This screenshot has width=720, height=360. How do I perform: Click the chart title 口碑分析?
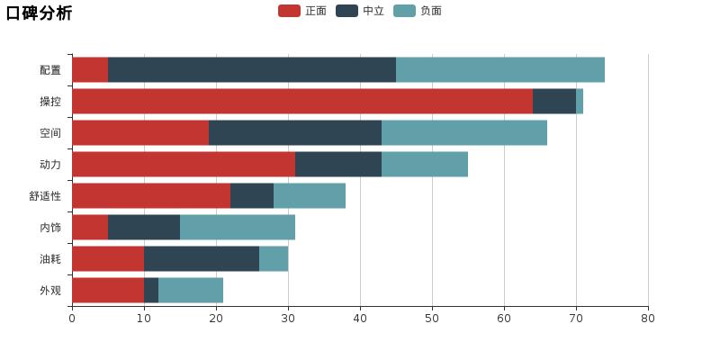[x=39, y=13]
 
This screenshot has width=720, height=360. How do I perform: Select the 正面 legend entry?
[x=302, y=11]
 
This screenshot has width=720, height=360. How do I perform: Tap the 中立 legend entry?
[x=360, y=11]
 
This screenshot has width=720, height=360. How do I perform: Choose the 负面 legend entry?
[x=418, y=11]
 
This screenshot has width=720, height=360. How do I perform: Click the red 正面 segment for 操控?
[x=301, y=101]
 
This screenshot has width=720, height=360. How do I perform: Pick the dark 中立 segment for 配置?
[x=252, y=69]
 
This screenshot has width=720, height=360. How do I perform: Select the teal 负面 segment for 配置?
[x=500, y=69]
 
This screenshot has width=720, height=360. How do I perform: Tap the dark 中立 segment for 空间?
[x=295, y=132]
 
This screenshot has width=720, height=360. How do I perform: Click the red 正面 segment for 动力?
[x=184, y=164]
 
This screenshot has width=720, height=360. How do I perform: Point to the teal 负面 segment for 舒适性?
[x=310, y=195]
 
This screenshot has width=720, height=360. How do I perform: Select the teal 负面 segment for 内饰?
[x=238, y=227]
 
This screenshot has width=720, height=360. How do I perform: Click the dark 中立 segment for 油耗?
[x=202, y=258]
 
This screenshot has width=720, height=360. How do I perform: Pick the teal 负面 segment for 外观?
[x=191, y=290]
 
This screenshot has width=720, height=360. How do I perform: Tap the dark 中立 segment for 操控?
[x=554, y=101]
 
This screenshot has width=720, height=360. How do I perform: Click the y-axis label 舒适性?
[x=45, y=196]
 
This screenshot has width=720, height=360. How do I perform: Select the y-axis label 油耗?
[x=50, y=259]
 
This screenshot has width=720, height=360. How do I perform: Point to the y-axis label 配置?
[x=50, y=70]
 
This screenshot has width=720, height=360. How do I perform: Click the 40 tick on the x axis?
[x=360, y=318]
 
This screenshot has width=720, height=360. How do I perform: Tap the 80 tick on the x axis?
[x=648, y=318]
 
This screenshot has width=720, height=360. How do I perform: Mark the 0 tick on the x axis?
[x=72, y=318]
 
